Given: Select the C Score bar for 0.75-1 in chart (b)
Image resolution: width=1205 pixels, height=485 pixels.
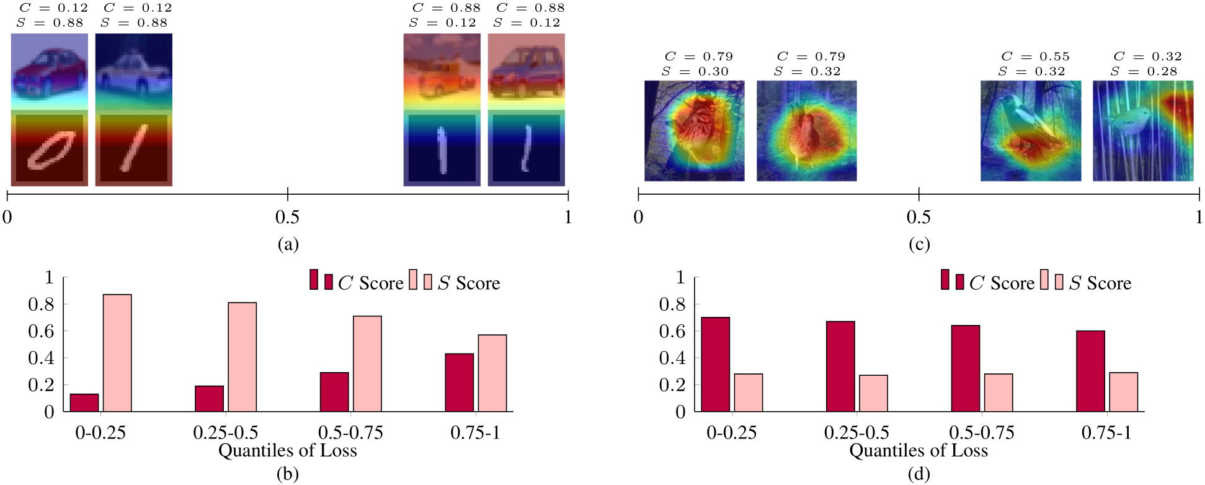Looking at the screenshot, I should [x=459, y=382].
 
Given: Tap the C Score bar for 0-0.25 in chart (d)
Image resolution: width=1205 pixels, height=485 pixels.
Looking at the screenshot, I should [x=715, y=364].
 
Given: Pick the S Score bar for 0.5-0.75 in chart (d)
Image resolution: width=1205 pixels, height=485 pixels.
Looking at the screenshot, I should [x=998, y=392].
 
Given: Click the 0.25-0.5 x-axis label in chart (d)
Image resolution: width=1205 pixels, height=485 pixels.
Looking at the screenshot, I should [x=856, y=432].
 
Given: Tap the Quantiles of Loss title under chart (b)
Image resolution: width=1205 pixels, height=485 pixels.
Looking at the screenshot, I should [x=288, y=450].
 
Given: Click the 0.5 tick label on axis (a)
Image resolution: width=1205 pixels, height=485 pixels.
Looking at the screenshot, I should [x=287, y=217].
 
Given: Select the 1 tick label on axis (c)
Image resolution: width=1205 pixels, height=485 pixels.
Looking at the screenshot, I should [x=1199, y=217].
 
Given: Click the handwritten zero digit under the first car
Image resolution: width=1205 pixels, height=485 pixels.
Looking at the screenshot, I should [x=50, y=150].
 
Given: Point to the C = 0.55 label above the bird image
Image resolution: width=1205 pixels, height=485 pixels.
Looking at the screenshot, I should [x=1035, y=56].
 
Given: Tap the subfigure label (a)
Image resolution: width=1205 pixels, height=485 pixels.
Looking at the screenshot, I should [x=288, y=244].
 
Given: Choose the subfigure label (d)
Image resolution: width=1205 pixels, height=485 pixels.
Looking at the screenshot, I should [x=918, y=474].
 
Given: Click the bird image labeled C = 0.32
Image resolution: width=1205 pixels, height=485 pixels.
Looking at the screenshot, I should [x=1142, y=131].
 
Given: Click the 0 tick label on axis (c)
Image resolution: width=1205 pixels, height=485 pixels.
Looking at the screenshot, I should [x=638, y=217].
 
